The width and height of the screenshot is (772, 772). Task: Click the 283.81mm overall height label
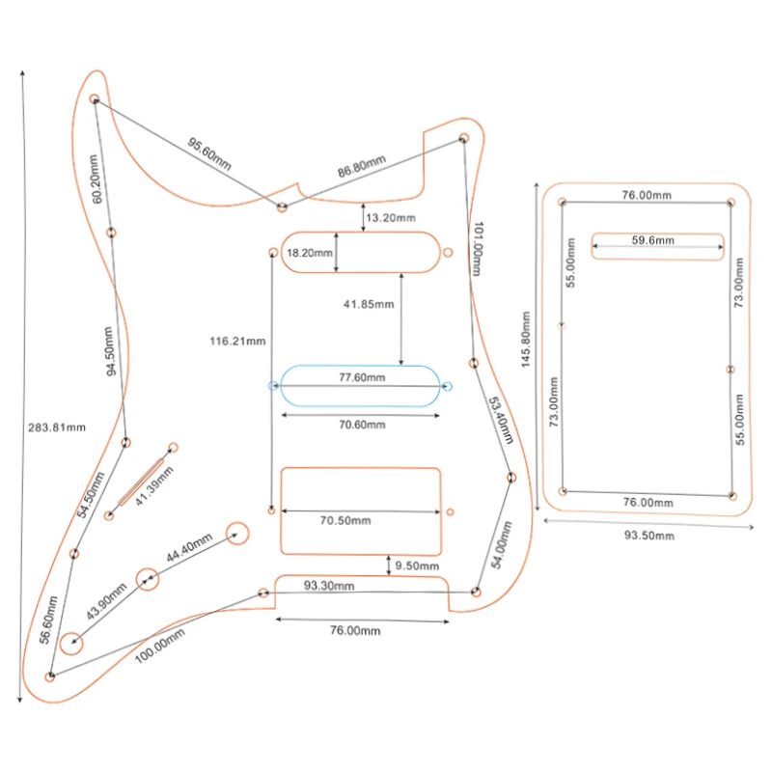coord(57,427)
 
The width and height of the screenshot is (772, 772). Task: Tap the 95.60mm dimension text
coord(209,153)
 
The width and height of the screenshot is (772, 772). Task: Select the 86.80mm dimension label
coord(361,166)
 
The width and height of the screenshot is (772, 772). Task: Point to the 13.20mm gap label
coord(391,218)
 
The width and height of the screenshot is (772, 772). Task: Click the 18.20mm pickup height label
coord(310,253)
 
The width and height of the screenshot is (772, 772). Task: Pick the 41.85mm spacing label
coord(369,304)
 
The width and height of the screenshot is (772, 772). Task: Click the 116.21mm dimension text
coord(237,342)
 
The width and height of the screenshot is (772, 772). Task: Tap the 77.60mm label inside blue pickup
coord(362,377)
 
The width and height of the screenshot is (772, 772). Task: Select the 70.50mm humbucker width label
coord(345,521)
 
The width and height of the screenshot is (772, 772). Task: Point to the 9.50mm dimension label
coord(417,566)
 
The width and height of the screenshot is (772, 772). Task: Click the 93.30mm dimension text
coord(329,586)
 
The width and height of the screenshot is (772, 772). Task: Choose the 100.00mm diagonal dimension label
coord(160,646)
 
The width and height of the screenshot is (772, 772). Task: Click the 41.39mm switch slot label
coord(154,486)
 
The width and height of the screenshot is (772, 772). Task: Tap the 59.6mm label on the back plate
coord(653,240)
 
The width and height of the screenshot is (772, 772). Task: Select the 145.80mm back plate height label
coord(526,340)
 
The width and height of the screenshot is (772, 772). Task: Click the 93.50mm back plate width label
coord(649,536)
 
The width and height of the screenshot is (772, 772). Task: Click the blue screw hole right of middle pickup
coord(447,387)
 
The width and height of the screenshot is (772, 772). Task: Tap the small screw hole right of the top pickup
coord(448,253)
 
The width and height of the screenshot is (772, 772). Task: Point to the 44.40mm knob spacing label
coord(189,547)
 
